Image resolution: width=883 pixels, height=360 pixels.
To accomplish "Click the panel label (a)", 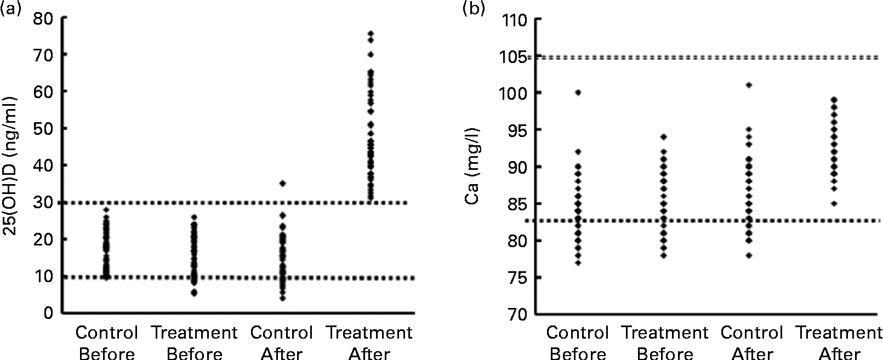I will point(10,8).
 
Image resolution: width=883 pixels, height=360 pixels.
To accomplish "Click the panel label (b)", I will point(474,8).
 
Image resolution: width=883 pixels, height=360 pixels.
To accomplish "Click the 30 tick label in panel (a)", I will point(44,202).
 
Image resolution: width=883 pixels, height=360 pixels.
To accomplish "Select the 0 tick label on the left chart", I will point(49,313).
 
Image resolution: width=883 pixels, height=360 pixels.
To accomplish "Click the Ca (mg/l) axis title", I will point(473,167).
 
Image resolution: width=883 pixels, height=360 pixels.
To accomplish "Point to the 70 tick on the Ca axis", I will point(519,314).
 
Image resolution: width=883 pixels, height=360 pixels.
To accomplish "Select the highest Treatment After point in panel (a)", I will point(371,33).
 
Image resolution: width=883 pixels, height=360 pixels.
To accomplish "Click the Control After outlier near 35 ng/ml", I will point(283,183).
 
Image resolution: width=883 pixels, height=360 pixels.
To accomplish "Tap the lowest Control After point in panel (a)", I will point(283,298).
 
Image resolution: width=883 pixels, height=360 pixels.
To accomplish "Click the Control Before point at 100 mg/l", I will point(578,93).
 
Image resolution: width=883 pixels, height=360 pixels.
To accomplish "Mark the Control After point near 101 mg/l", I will point(749,85).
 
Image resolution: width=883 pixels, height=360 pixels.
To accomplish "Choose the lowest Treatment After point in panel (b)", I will point(834,203).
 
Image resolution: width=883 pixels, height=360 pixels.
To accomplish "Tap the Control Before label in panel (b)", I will point(578,342).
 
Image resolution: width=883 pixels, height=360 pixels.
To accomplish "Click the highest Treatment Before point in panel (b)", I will point(664,136).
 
